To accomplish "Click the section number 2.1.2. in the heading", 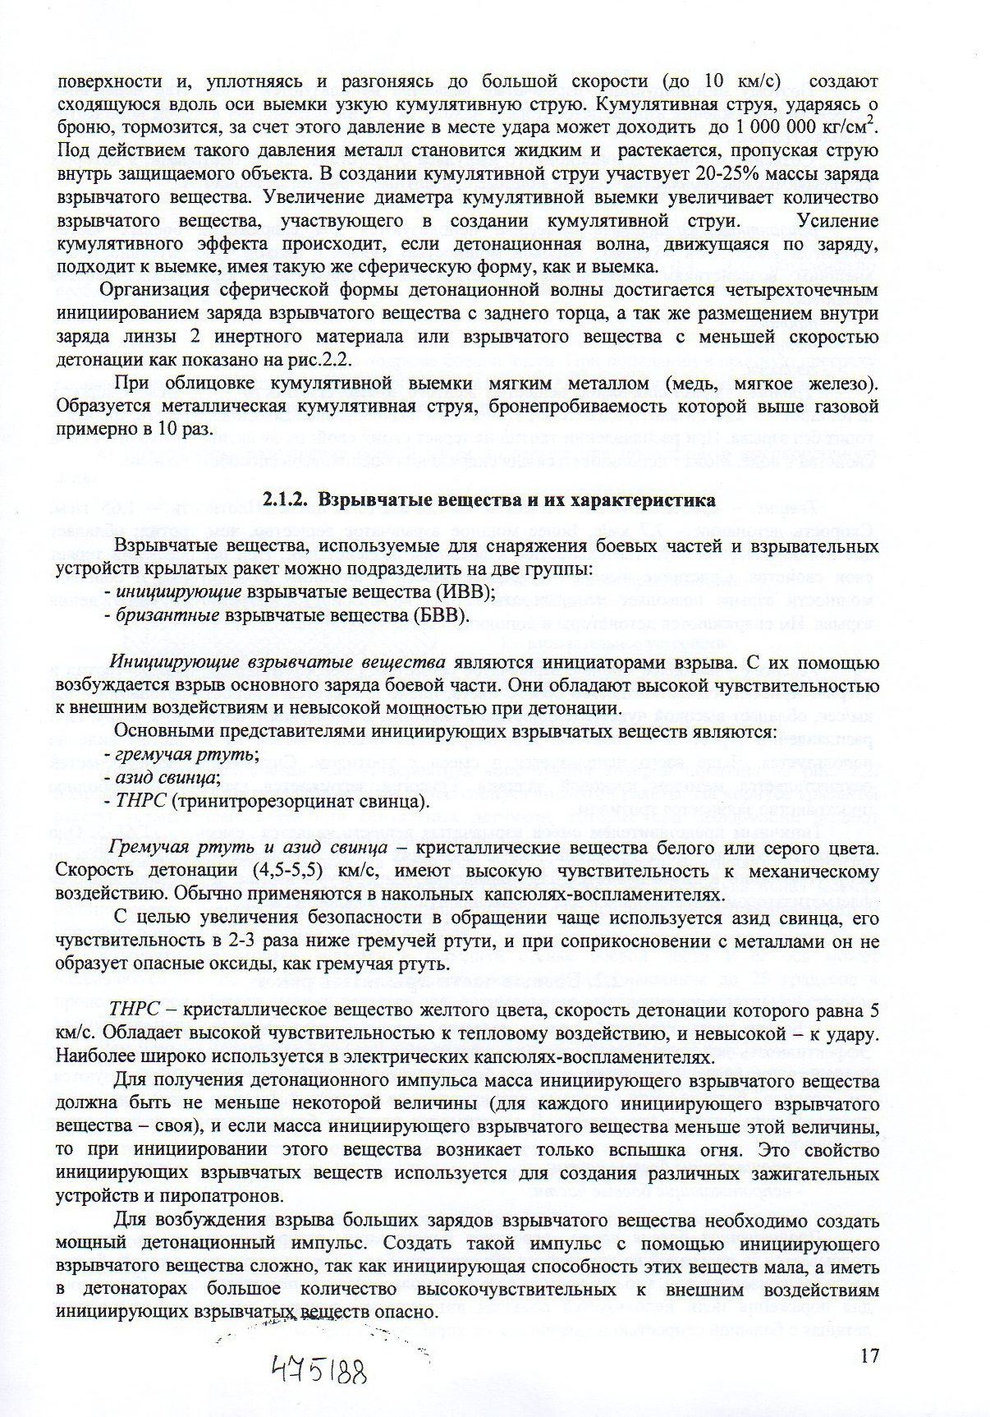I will pyautogui.click(x=286, y=499).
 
